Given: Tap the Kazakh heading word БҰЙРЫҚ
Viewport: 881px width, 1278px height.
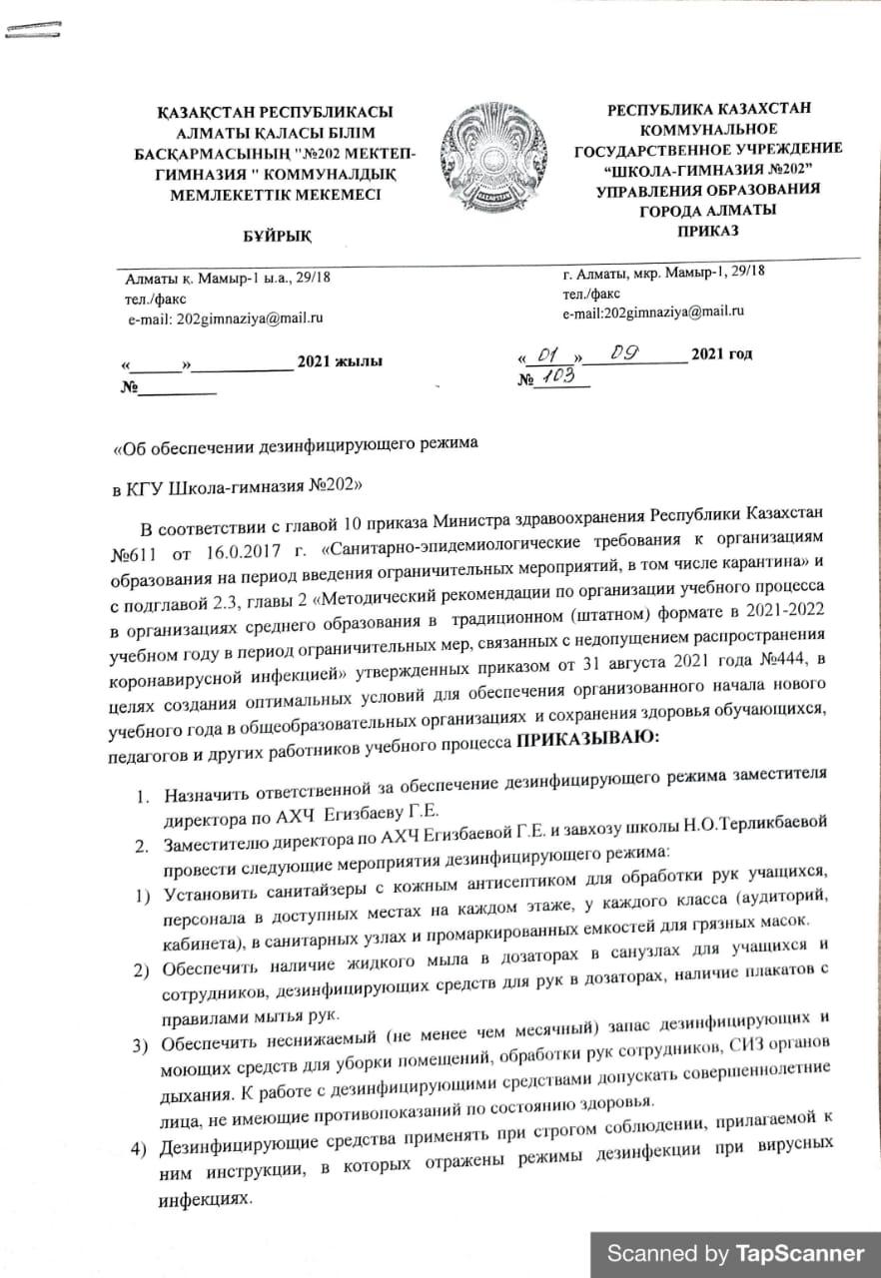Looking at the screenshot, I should (x=278, y=234).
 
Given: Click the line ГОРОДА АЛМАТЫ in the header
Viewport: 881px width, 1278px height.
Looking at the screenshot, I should (x=707, y=210).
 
